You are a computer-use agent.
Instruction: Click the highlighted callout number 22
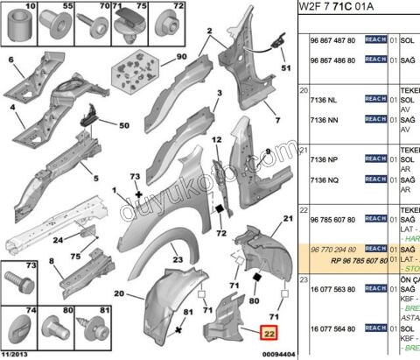pos(269,332)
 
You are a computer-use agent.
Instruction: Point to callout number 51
pos(284,67)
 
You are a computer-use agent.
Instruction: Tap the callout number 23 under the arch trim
pos(177,260)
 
